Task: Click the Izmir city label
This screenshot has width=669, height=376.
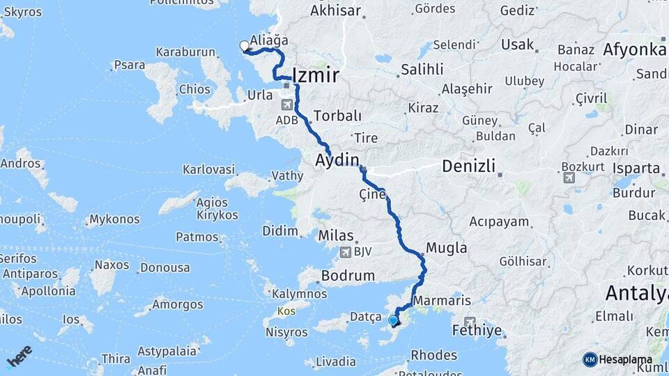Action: pos(316,75)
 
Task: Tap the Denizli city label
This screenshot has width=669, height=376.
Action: pos(469,166)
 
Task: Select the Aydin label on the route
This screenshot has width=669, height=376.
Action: pos(337,160)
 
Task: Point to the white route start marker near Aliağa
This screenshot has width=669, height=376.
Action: pos(245,46)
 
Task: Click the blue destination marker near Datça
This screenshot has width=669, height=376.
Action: pos(393,320)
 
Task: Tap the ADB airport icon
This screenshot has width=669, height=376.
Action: pos(286,105)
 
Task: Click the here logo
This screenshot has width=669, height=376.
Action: pos(20,356)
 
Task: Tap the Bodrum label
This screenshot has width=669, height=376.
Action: pos(348,276)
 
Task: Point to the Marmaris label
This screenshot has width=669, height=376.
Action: pos(442,301)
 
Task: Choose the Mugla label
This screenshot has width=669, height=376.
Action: pos(446,248)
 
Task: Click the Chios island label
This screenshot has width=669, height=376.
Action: pos(194,89)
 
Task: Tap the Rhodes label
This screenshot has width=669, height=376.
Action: pos(433,354)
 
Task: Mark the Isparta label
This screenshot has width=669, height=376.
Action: pos(637,169)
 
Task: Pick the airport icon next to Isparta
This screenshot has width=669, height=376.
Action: pos(570,178)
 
